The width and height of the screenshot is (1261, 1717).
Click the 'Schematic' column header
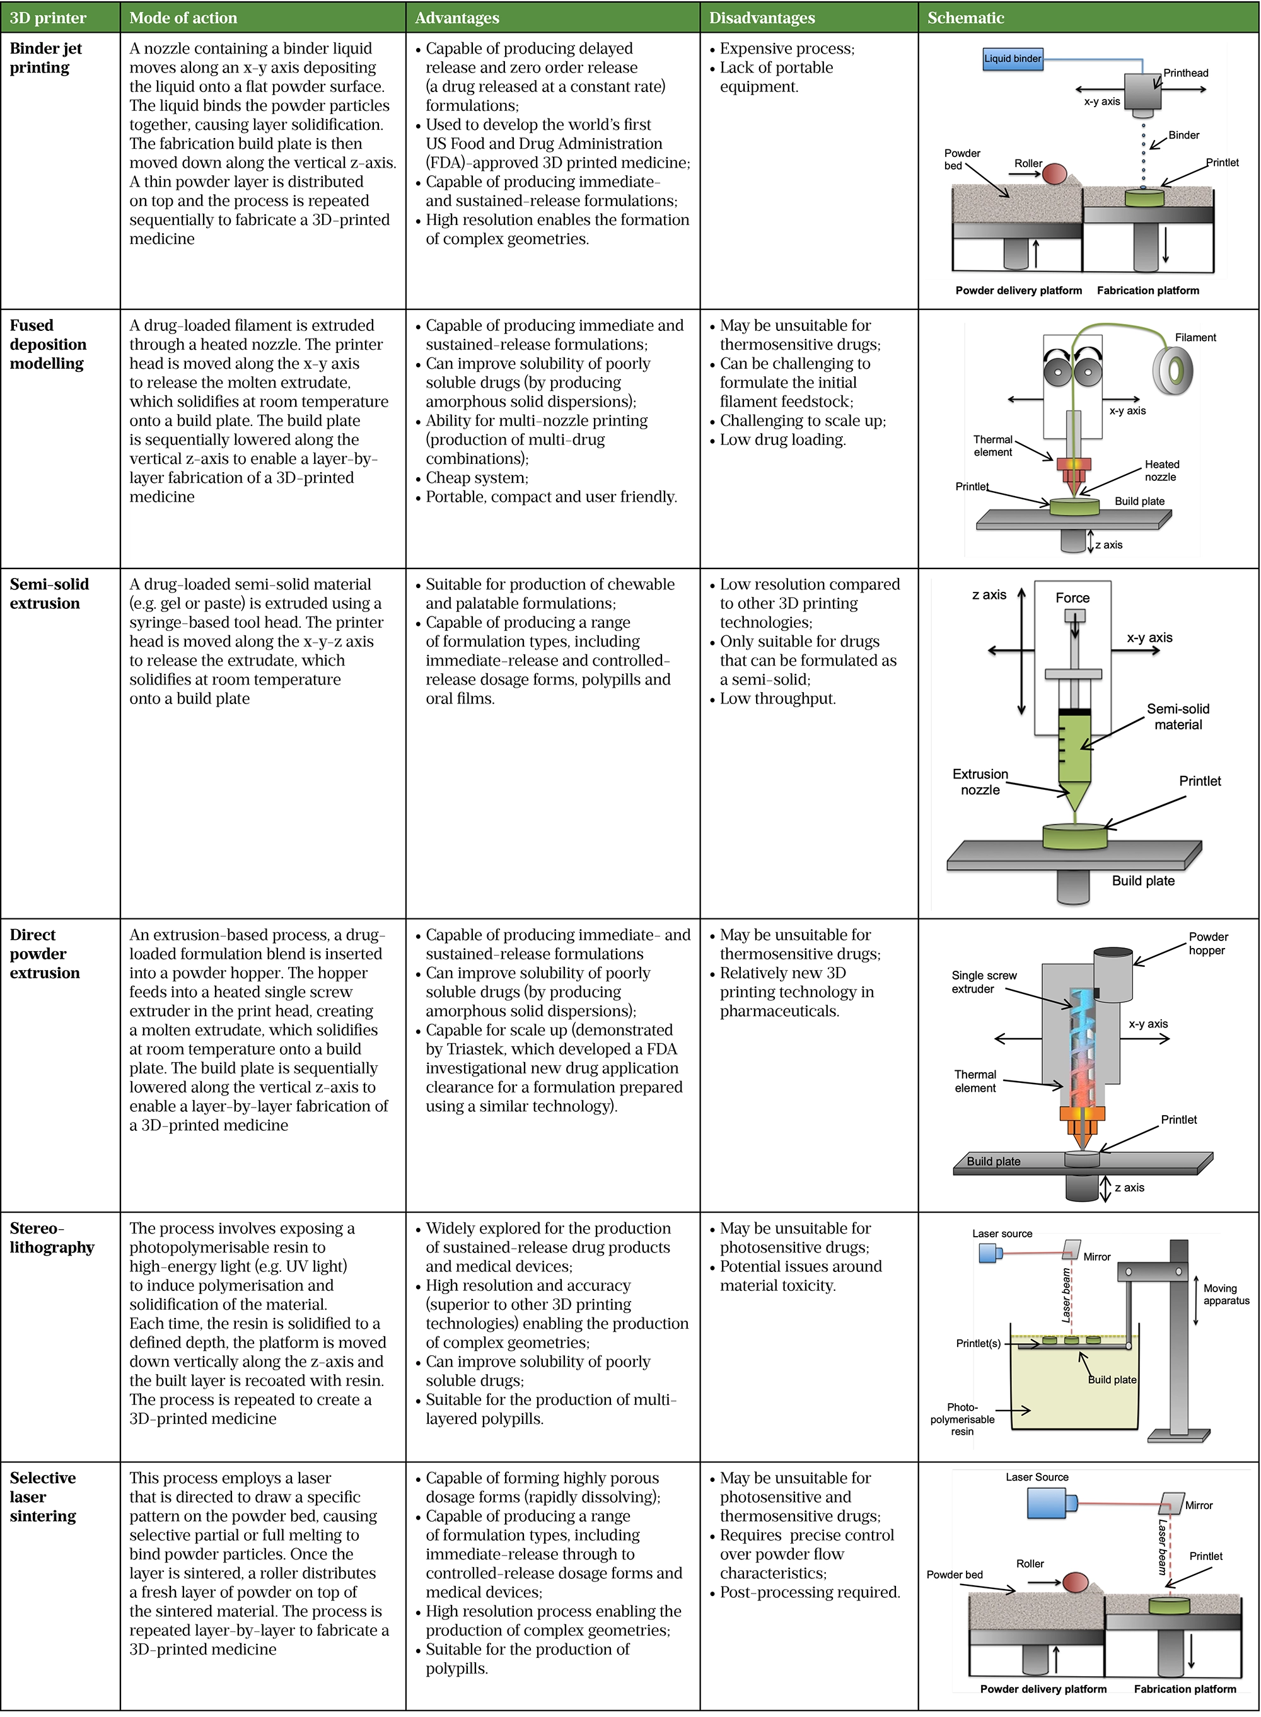(965, 18)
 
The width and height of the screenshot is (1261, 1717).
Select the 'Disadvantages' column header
(761, 18)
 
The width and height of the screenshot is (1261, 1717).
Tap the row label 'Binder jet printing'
(46, 58)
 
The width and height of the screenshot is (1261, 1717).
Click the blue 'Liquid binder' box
(1012, 59)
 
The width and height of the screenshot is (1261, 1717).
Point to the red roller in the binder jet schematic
(1054, 174)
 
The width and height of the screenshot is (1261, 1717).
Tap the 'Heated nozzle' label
(1161, 470)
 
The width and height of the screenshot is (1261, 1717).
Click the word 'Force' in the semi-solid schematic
(1072, 598)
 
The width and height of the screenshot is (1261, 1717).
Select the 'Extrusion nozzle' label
(980, 782)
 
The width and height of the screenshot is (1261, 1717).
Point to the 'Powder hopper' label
(1207, 943)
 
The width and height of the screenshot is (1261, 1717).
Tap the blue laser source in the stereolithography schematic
(989, 1253)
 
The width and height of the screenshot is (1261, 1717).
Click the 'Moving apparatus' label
(1226, 1294)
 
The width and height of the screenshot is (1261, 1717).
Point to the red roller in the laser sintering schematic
(1076, 1583)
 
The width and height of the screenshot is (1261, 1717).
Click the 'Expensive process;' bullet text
(786, 49)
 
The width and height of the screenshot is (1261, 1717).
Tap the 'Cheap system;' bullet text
(476, 478)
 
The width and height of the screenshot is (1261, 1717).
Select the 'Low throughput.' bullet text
(777, 698)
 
